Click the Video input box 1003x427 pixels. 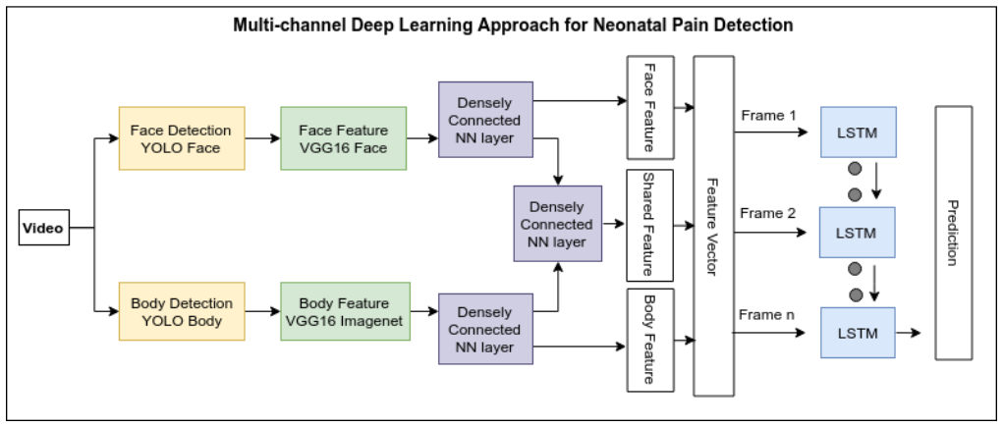43,228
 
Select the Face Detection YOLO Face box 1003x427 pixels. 182,138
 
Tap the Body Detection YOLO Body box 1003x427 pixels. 182,311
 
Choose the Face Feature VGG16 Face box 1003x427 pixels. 344,138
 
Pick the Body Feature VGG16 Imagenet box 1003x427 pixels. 345,311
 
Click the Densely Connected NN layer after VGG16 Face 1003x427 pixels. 485,120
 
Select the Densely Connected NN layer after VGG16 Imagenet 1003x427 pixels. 485,329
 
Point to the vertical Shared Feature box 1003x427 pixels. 650,225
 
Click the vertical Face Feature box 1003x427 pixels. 650,107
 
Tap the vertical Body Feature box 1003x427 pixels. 650,340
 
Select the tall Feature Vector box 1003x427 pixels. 713,226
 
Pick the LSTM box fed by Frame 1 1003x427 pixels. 858,133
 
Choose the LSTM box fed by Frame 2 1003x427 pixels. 858,232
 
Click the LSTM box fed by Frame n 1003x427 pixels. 858,333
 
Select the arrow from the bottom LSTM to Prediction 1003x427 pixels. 909,333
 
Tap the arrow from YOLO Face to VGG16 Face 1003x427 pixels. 262,138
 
